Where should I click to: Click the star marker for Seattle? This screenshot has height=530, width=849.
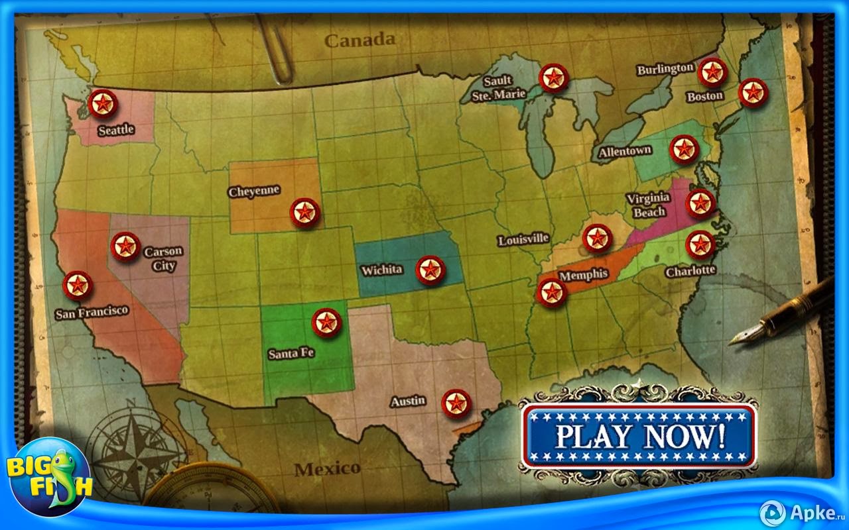point(103,104)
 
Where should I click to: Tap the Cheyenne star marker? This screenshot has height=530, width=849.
point(304,213)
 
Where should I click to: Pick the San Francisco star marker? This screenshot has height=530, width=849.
point(78,286)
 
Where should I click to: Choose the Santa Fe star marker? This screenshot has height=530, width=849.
point(326,323)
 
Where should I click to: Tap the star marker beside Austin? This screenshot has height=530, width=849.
point(456,403)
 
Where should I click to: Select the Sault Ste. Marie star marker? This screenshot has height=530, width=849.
point(553,78)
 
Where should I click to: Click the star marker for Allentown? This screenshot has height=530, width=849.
point(685,149)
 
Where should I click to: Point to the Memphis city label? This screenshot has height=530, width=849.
point(584,274)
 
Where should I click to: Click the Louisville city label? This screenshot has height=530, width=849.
point(524,239)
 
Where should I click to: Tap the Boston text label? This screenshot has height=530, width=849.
point(704,97)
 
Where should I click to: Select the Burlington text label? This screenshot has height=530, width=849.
point(665,69)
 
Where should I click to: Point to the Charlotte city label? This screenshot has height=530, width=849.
point(690,270)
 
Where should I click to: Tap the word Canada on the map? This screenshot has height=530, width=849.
point(359,40)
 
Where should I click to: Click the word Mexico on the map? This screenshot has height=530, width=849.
point(328,469)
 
